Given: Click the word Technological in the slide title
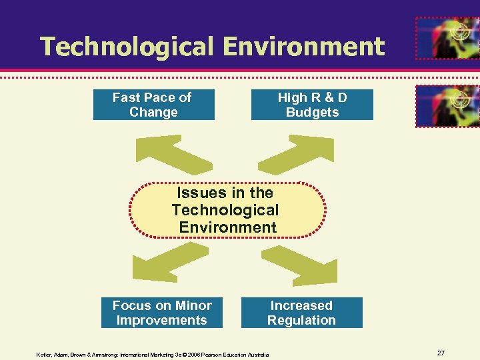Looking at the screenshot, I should coord(127,47).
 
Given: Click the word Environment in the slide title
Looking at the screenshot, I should coord(304,47).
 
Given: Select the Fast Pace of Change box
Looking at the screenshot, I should coord(153,105).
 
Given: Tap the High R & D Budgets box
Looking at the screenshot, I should coord(312,105).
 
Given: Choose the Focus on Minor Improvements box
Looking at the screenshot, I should coord(161,313).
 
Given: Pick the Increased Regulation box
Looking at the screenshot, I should coord(301,313).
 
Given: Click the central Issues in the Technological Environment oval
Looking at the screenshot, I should coord(227,210).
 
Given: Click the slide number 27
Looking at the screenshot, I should coord(441,353).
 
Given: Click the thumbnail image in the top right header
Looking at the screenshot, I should coord(447,39).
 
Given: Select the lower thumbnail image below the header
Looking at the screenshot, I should coord(447,106).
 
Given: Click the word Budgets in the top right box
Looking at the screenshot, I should coord(312,113).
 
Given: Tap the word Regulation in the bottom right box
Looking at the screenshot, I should coord(301,321).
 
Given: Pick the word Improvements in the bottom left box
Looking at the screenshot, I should coord(161,321).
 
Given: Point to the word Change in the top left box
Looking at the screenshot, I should coord(153,113).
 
